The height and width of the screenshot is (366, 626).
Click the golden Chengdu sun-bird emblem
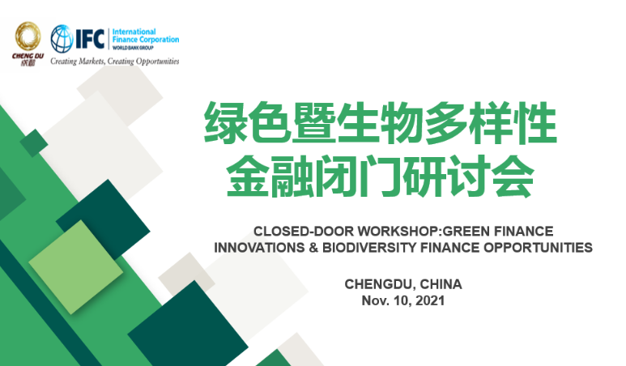click(28, 36)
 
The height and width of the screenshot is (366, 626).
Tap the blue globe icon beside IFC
click(62, 39)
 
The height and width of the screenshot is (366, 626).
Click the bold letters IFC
click(90, 39)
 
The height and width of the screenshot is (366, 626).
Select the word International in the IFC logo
click(134, 32)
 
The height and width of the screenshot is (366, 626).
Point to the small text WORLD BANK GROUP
click(133, 48)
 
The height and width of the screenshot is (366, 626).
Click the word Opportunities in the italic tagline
click(158, 62)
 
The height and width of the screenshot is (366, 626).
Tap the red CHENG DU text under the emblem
click(28, 56)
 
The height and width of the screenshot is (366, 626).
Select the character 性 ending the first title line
click(535, 122)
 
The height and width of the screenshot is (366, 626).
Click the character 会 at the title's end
click(513, 176)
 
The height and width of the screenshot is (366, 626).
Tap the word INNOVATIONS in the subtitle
click(259, 248)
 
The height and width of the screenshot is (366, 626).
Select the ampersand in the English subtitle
click(313, 248)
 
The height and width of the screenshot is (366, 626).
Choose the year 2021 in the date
click(430, 300)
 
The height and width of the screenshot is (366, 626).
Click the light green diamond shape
click(76, 267)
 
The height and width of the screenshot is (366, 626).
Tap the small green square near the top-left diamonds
click(34, 143)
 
